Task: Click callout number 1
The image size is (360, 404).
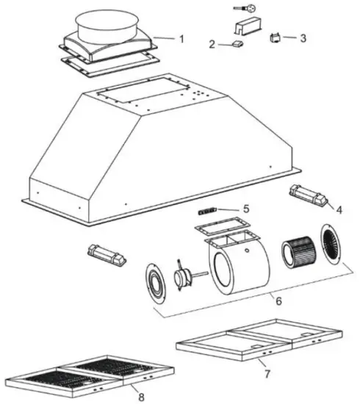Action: coord(182,37)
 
